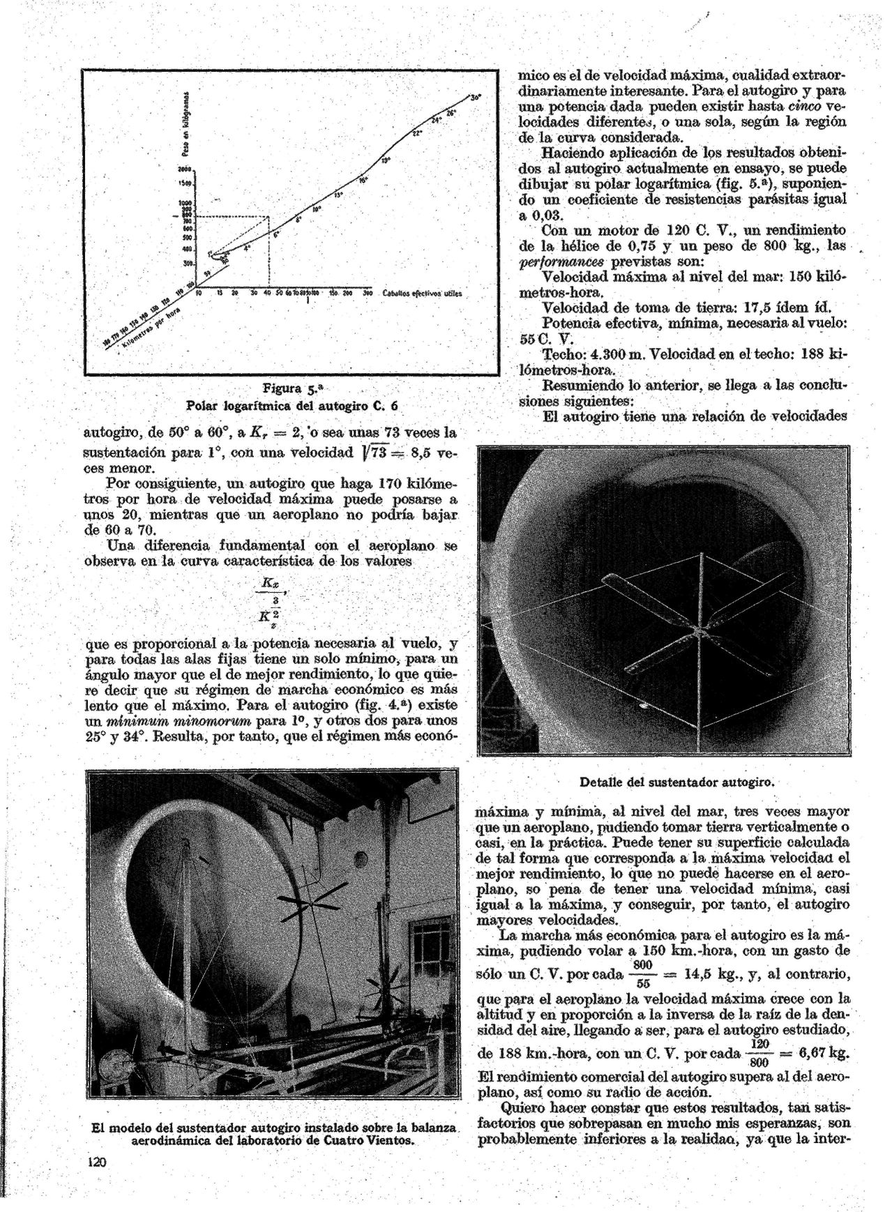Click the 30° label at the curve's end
pos(476,98)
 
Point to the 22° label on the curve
pos(417,132)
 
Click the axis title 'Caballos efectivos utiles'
pos(423,294)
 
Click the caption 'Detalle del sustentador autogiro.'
pos(678,781)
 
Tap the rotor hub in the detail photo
pos(697,630)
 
